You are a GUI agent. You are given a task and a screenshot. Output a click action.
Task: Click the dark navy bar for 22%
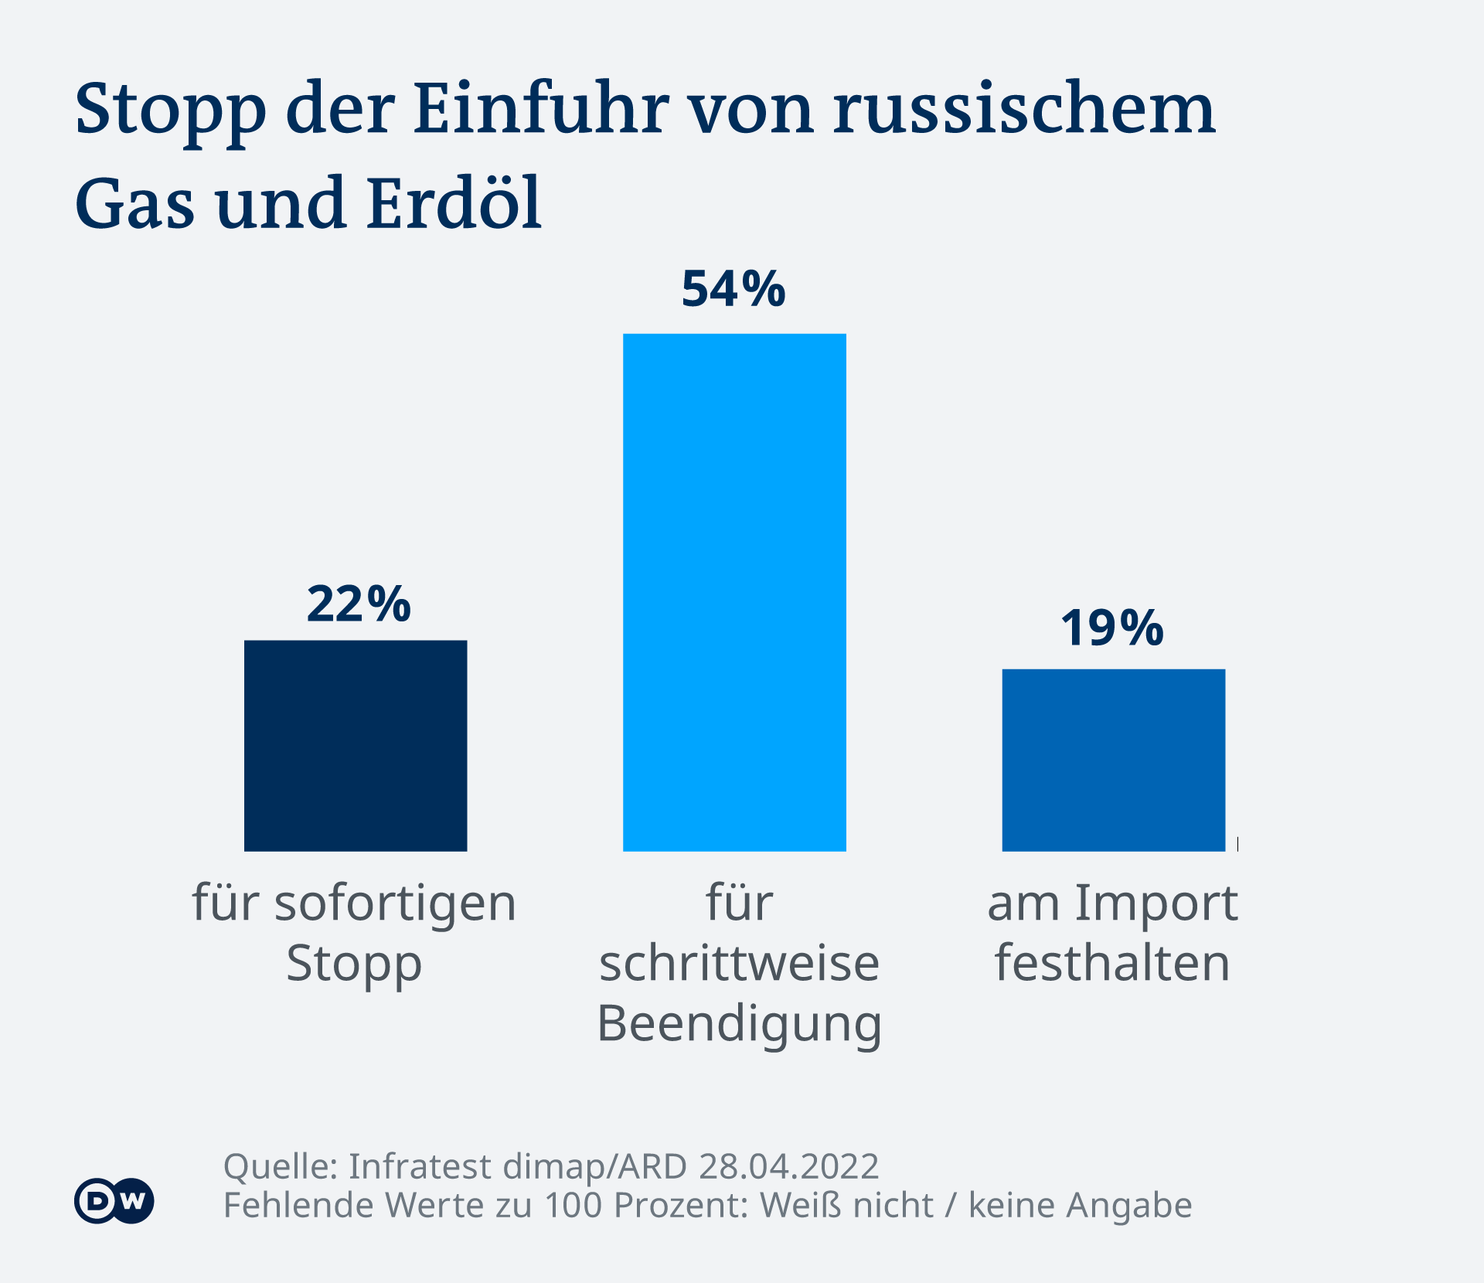point(356,746)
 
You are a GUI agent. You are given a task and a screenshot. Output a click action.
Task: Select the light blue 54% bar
point(734,592)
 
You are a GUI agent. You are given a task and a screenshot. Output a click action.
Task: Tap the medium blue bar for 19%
point(1113,760)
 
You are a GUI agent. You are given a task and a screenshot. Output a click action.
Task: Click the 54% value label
point(733,289)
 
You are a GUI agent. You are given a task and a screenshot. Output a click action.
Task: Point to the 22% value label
point(359,604)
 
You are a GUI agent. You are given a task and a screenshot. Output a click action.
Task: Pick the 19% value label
point(1111,628)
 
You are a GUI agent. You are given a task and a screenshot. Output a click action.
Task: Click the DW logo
point(114,1201)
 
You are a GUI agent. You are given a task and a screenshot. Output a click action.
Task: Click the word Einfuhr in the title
point(541,108)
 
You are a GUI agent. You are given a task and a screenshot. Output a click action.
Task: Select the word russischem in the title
point(1024,108)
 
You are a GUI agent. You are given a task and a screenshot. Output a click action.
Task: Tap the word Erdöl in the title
point(454,202)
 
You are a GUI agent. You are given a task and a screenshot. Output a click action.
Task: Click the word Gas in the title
point(134,204)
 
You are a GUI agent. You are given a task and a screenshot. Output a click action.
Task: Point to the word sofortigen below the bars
point(395,904)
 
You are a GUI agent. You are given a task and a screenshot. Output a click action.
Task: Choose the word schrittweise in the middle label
point(740,965)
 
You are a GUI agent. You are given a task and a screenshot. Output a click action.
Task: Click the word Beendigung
point(740,1025)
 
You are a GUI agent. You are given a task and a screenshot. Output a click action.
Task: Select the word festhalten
point(1112,963)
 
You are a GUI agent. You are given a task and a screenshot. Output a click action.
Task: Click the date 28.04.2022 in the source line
point(788,1166)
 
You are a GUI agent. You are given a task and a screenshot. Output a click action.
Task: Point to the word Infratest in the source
point(420,1166)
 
